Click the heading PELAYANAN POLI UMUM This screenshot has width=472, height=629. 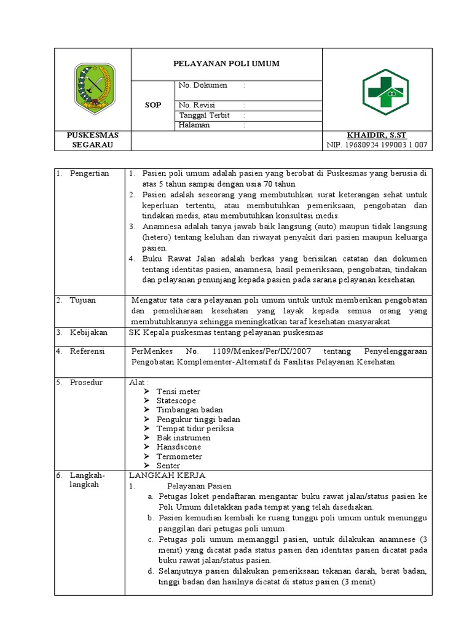[227, 63]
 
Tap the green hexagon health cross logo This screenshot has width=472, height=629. [385, 92]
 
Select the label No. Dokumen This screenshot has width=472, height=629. [203, 85]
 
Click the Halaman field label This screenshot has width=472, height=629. [194, 125]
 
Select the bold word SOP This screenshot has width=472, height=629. [153, 105]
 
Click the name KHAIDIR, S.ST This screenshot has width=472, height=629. [376, 135]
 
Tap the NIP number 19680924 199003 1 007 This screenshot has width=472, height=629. [385, 145]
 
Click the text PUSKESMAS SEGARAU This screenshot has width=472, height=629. [93, 140]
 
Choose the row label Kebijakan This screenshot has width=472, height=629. [88, 332]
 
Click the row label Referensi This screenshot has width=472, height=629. [88, 351]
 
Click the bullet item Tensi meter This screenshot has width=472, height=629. [178, 391]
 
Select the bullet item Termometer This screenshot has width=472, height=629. [179, 456]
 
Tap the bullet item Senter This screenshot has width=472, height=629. [168, 466]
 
